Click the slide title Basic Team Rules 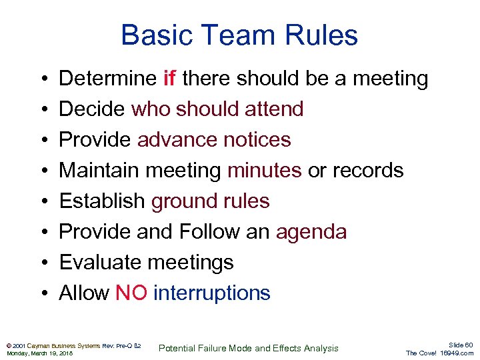click(x=239, y=35)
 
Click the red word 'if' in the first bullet click(x=169, y=79)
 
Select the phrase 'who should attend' click(x=217, y=109)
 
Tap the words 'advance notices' click(x=214, y=140)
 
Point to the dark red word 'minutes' click(x=264, y=171)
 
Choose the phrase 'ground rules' click(x=210, y=201)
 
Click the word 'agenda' click(x=311, y=232)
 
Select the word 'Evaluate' click(x=100, y=263)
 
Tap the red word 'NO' click(x=131, y=293)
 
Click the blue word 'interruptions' click(x=211, y=293)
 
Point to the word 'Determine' click(x=107, y=79)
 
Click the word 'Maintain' click(x=99, y=171)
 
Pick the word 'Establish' click(x=102, y=201)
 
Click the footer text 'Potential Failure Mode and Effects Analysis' click(x=249, y=348)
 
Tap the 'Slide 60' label click(x=459, y=345)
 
